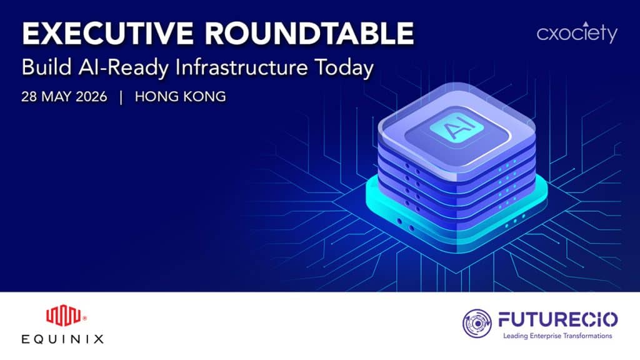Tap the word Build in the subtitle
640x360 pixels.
click(x=46, y=67)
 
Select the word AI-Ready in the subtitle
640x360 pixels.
click(x=123, y=68)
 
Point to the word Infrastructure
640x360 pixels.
click(x=241, y=67)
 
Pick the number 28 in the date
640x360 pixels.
click(x=29, y=97)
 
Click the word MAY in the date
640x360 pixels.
click(x=57, y=97)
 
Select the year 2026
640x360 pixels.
click(x=91, y=97)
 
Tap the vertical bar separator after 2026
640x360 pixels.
click(x=121, y=97)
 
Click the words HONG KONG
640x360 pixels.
click(x=181, y=97)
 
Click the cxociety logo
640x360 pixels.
click(x=577, y=32)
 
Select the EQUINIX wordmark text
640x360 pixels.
click(x=62, y=339)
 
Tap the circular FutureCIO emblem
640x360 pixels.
click(x=477, y=323)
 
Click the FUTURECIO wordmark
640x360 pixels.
click(x=557, y=319)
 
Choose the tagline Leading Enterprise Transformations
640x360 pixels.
click(x=557, y=336)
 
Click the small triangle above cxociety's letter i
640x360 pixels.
click(x=586, y=24)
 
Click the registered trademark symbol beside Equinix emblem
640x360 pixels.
click(x=84, y=318)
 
